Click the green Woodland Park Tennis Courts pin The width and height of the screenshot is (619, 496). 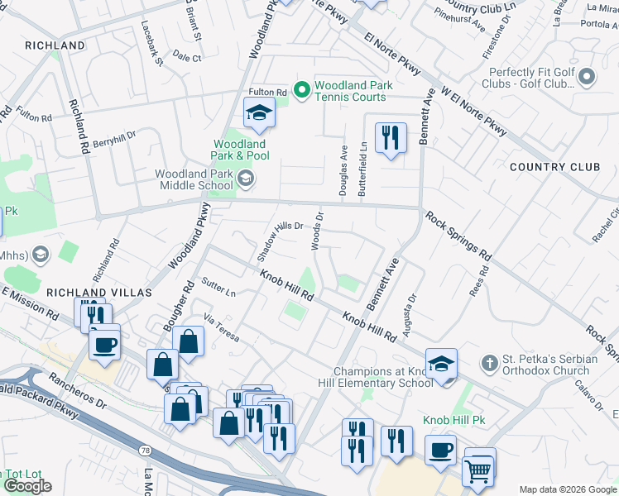click(302, 90)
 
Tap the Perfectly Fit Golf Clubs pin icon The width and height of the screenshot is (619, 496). click(588, 78)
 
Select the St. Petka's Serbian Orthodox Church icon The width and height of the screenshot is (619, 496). click(490, 363)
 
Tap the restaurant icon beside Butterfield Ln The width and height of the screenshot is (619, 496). click(391, 136)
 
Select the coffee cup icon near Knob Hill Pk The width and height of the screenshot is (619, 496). click(440, 450)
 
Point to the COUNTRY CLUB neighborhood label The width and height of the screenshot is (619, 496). click(554, 167)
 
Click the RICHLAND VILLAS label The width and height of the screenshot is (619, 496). click(98, 293)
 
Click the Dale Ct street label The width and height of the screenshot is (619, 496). click(188, 58)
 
